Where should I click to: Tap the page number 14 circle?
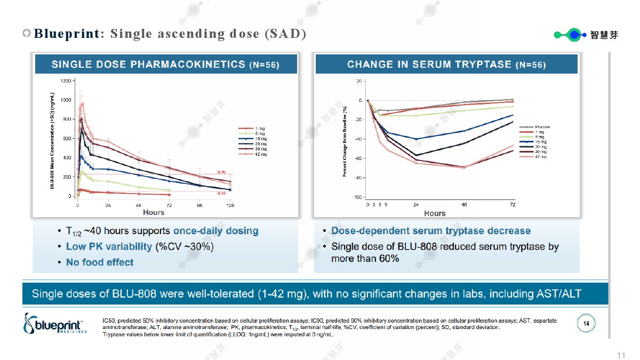[x=586, y=323]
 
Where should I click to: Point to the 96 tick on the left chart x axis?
[x=200, y=205]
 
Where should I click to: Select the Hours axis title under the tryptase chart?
[x=435, y=213]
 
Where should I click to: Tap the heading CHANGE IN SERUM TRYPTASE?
[x=430, y=65]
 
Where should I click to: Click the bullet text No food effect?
[x=100, y=262]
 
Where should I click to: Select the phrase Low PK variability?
[x=109, y=246]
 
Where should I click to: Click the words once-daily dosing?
[x=215, y=231]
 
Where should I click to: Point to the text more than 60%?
[x=365, y=259]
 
